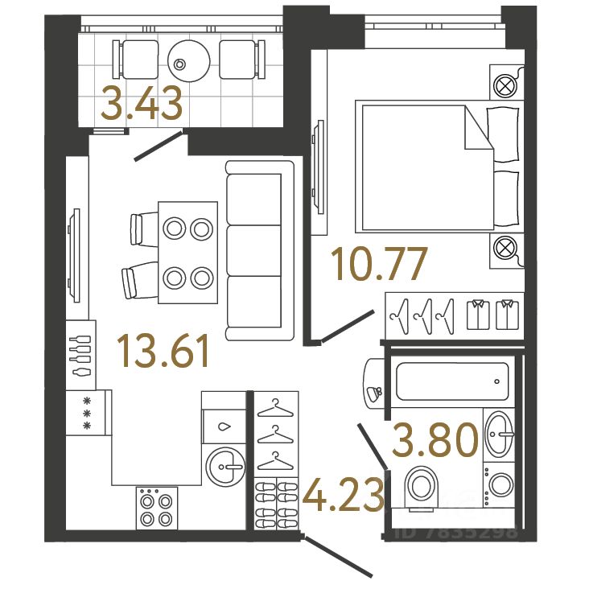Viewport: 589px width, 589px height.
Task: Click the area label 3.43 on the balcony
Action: coord(142,105)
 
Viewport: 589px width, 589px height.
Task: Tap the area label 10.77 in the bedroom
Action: coord(378,266)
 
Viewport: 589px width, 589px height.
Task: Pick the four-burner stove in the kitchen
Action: coord(155,508)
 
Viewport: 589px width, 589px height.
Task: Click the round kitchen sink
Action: coord(224,466)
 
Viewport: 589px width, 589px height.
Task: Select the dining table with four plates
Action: coord(187,252)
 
